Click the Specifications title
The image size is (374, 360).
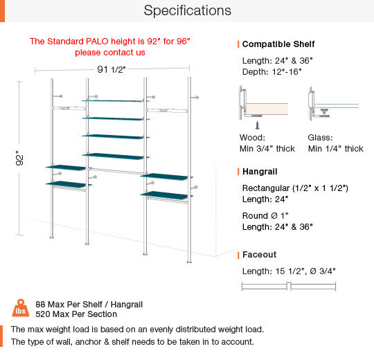[188, 10]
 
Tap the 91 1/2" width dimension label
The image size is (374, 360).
[111, 69]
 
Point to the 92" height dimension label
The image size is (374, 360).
[19, 158]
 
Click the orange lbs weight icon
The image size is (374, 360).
[21, 308]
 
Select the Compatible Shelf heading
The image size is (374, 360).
[278, 44]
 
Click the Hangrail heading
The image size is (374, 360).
[260, 172]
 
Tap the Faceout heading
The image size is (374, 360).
[259, 255]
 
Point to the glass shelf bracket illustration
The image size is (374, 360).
[333, 104]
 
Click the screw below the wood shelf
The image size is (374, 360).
[258, 125]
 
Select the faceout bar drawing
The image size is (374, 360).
[289, 287]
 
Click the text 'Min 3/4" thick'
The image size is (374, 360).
[267, 149]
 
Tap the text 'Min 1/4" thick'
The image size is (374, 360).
[336, 149]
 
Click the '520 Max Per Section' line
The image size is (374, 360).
[76, 314]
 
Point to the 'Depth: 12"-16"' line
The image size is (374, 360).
[272, 72]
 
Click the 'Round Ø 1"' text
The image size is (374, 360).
[265, 216]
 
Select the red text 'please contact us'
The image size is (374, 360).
[110, 53]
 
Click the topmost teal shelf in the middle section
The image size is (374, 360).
[113, 101]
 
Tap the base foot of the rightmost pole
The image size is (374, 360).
[189, 262]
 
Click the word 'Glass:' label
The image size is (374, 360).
[320, 138]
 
